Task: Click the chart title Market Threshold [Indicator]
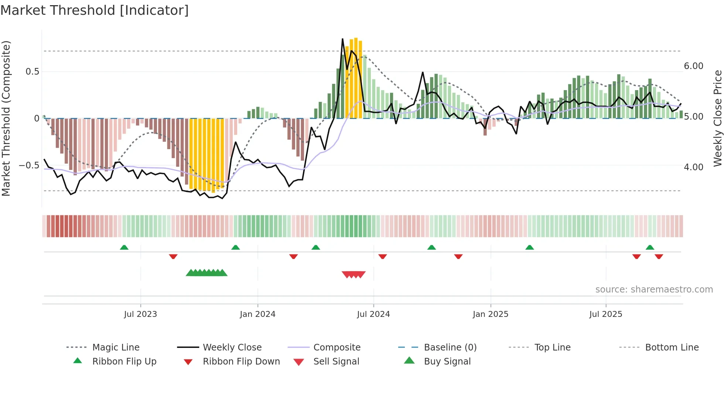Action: click(95, 10)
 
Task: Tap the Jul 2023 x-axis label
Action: click(140, 314)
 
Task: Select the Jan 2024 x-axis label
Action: click(257, 314)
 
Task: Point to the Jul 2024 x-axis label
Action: click(373, 314)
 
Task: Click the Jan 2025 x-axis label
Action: click(491, 314)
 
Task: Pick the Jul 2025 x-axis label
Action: click(606, 314)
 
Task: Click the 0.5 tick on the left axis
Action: click(33, 72)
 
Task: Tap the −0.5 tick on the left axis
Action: click(29, 165)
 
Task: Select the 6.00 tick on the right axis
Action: click(693, 66)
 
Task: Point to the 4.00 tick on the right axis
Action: click(693, 167)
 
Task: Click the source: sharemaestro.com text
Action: click(654, 290)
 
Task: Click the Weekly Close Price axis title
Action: click(717, 118)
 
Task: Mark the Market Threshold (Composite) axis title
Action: click(6, 118)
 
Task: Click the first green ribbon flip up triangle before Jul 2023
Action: click(124, 247)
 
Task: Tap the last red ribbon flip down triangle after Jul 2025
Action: click(659, 256)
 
